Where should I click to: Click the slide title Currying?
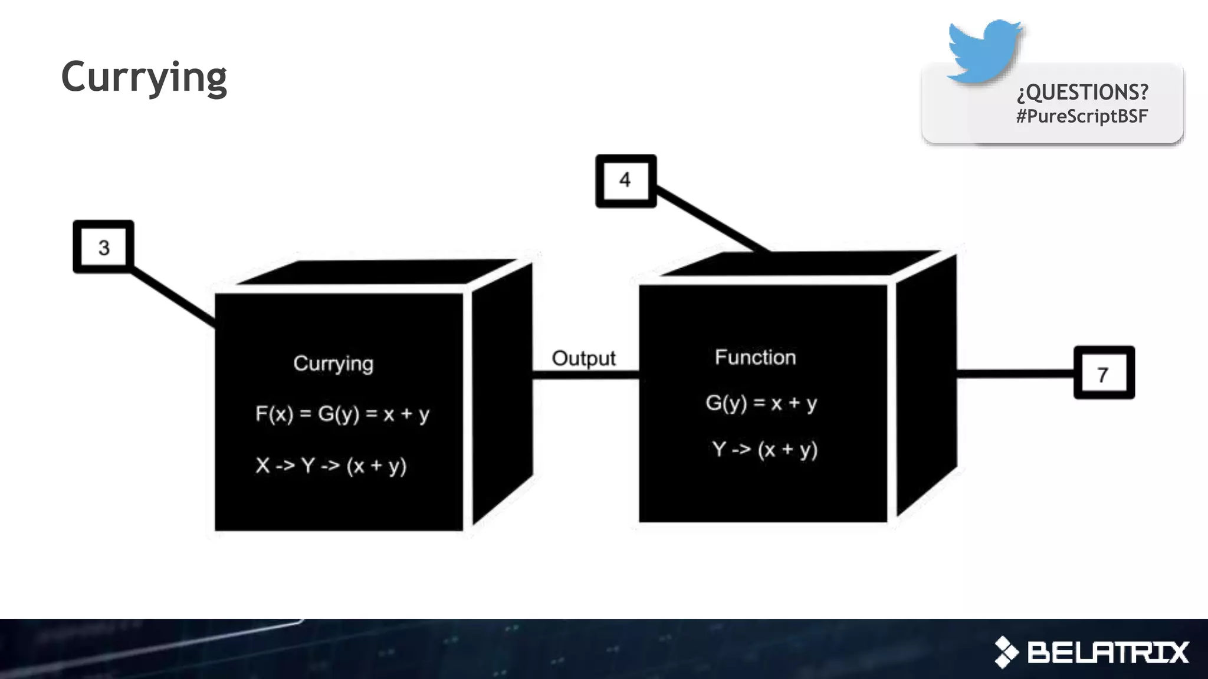pyautogui.click(x=144, y=77)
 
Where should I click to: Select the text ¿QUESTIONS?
pyautogui.click(x=1082, y=92)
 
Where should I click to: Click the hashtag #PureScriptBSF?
pyautogui.click(x=1082, y=116)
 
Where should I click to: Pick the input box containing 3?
pyautogui.click(x=104, y=247)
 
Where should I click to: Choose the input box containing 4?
pyautogui.click(x=626, y=180)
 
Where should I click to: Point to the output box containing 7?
pyautogui.click(x=1104, y=373)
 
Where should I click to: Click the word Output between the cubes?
pyautogui.click(x=583, y=358)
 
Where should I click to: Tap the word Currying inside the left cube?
pyautogui.click(x=333, y=364)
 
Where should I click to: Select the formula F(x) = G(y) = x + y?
pyautogui.click(x=342, y=414)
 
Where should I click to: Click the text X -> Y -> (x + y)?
pyautogui.click(x=331, y=466)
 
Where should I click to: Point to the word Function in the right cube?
pyautogui.click(x=755, y=357)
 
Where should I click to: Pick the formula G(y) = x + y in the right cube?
pyautogui.click(x=761, y=403)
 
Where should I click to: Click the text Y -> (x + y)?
pyautogui.click(x=764, y=450)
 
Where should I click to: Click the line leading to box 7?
pyautogui.click(x=1015, y=373)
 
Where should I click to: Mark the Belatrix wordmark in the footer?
pyautogui.click(x=1108, y=652)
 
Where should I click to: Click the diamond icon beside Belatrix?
pyautogui.click(x=1006, y=652)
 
